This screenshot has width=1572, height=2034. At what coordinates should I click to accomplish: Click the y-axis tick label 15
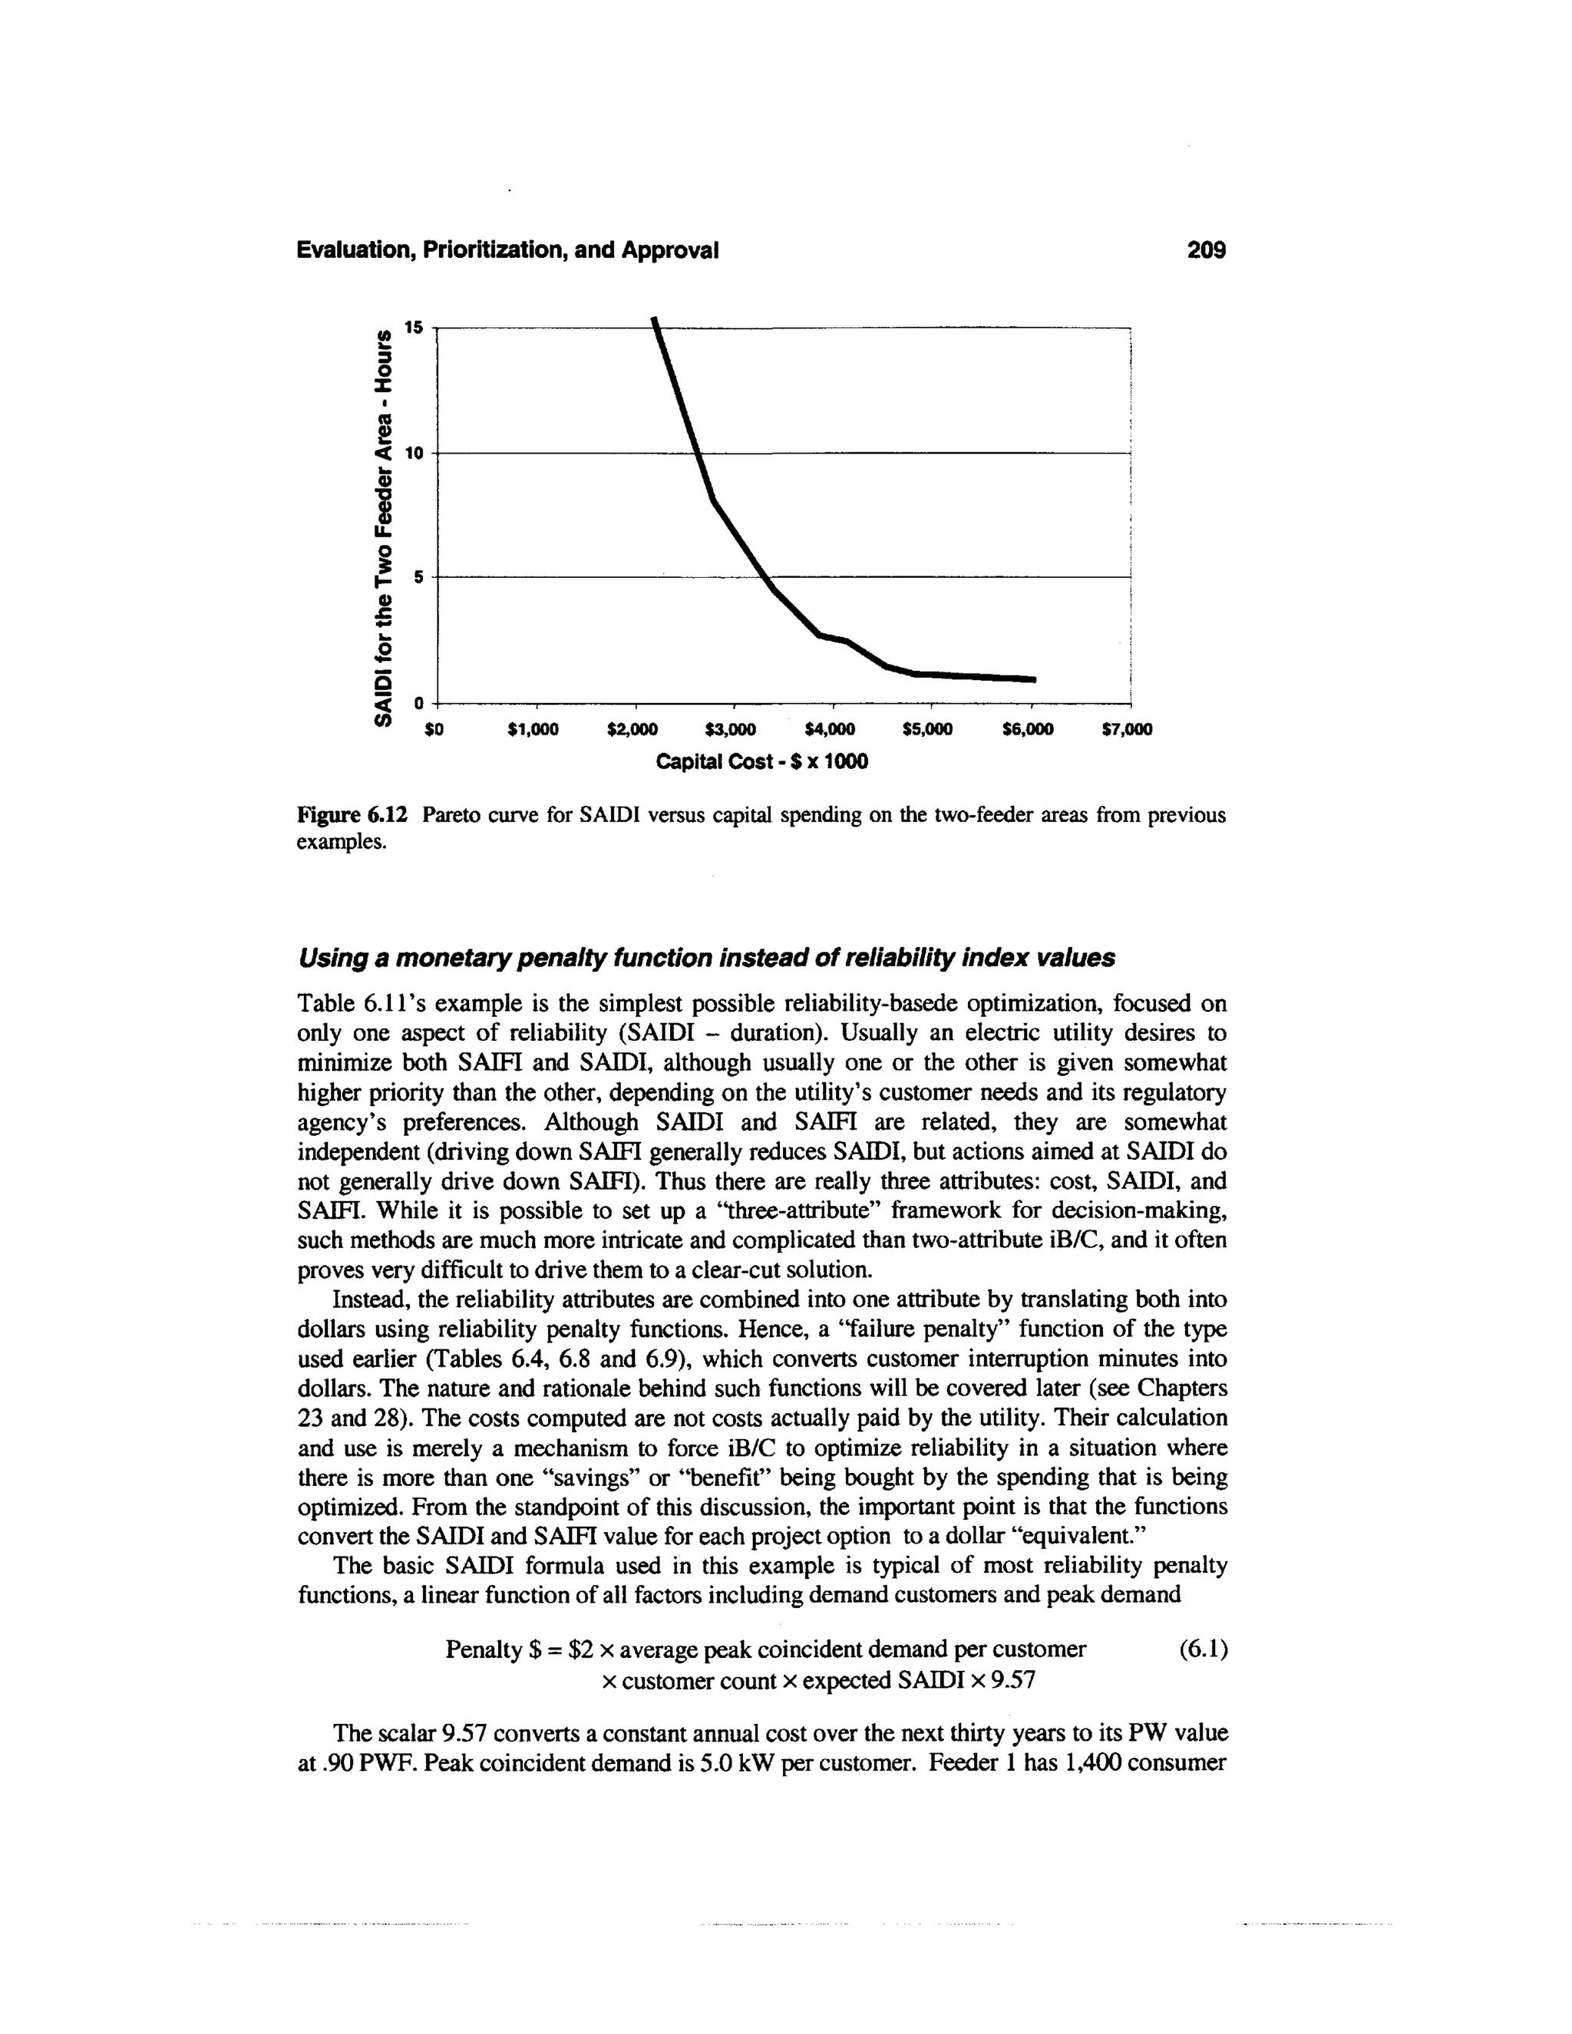click(414, 327)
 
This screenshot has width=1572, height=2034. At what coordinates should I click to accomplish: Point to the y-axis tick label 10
click(414, 453)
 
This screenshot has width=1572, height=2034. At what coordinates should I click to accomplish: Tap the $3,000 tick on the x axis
click(731, 729)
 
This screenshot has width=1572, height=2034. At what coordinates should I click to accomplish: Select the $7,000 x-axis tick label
click(1127, 729)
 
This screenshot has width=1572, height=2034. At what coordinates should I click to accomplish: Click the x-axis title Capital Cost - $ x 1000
click(761, 762)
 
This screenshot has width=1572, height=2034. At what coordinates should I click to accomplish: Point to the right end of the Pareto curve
click(1034, 679)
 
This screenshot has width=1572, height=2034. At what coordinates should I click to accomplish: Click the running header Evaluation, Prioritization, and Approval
click(507, 249)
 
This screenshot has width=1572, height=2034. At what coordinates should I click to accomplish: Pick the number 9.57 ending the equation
click(1014, 1681)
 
